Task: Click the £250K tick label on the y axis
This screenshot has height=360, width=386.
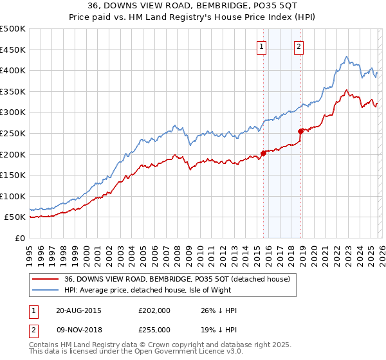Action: (13, 133)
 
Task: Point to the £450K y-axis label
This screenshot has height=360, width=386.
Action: (13, 50)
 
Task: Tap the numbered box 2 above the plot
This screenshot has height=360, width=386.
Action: (300, 46)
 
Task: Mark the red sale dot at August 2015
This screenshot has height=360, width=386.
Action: (263, 153)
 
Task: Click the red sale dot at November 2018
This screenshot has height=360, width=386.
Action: (300, 131)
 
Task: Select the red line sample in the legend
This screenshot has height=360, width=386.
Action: (46, 279)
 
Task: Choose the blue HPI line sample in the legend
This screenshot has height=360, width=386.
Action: (46, 290)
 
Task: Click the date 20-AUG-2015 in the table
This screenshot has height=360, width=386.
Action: (78, 310)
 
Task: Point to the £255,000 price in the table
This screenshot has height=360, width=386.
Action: (154, 329)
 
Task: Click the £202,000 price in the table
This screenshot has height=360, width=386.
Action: (154, 310)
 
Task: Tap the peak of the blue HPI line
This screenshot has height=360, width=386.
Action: (346, 57)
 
